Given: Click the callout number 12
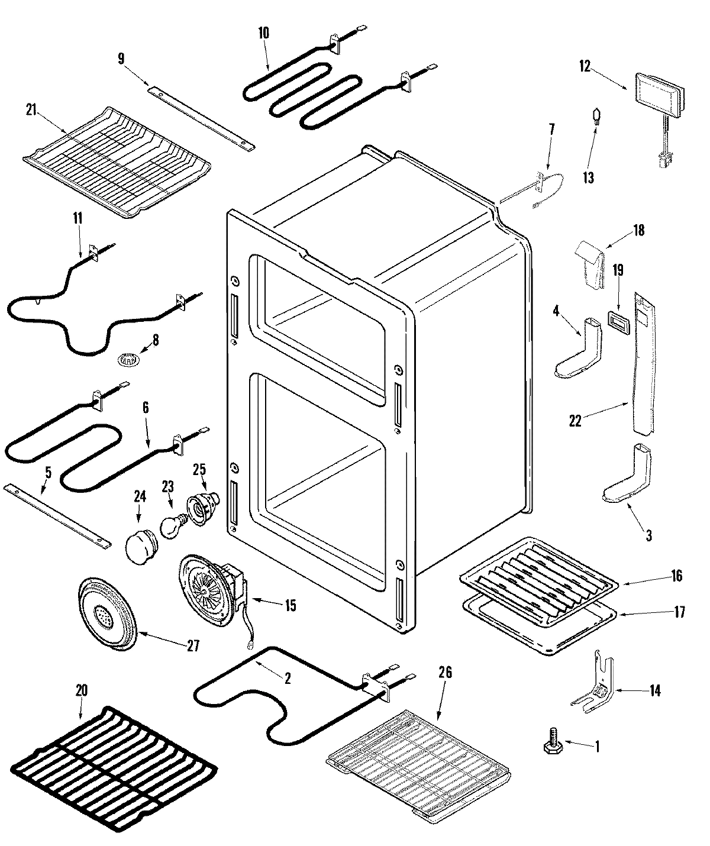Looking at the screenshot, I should click(585, 66).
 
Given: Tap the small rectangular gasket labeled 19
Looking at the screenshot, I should click(617, 324).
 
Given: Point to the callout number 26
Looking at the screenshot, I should click(445, 672).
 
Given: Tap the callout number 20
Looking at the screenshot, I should click(82, 689).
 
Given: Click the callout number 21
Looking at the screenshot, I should click(31, 108).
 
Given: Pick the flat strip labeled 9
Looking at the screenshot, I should click(201, 117).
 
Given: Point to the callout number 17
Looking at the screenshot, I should click(679, 611).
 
